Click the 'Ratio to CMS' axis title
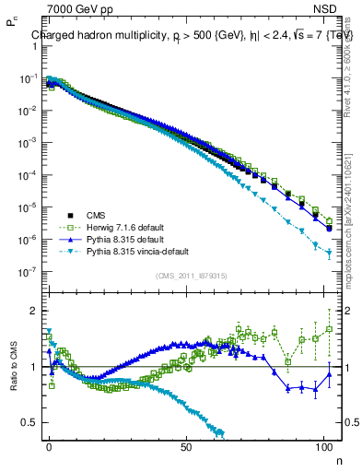click(x=13, y=366)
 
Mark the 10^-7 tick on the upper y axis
click(x=28, y=272)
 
